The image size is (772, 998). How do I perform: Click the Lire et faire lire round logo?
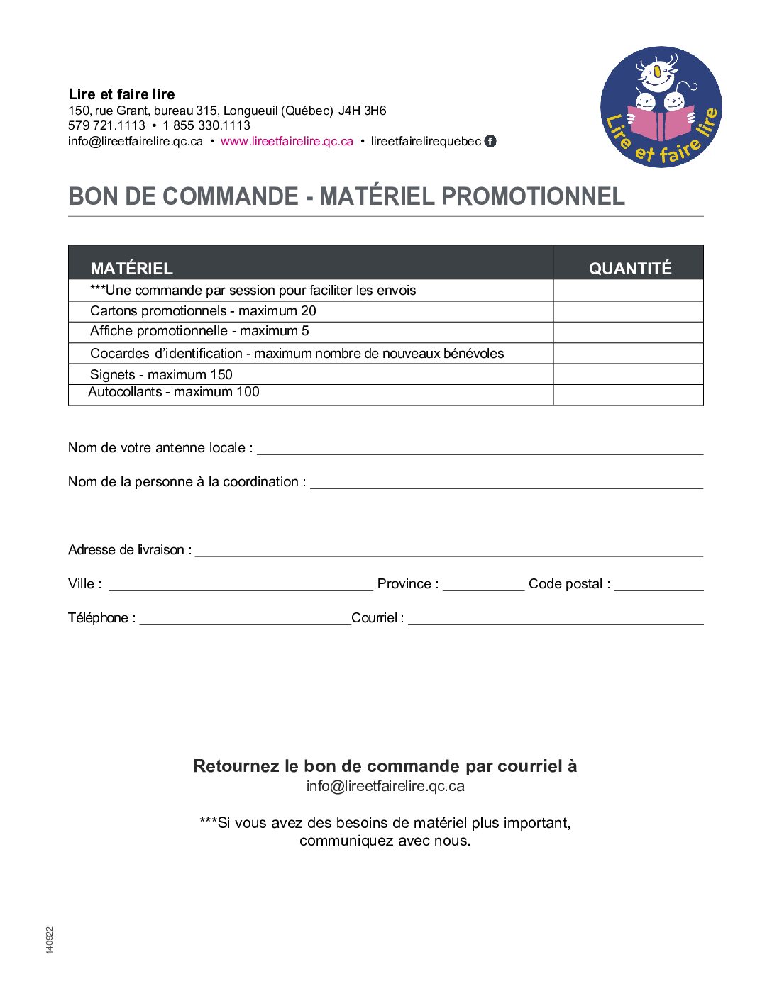pos(661,107)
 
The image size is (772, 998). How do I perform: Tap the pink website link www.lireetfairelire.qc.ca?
pos(287,141)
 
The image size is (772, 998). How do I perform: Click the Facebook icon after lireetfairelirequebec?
pos(490,141)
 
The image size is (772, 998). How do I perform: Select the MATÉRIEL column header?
pos(132,268)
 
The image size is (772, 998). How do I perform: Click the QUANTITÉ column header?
pos(629,268)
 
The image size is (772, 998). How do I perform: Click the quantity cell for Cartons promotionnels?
pos(628,311)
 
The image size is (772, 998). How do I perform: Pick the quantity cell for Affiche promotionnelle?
pos(628,332)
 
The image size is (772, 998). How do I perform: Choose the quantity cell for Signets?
pos(628,374)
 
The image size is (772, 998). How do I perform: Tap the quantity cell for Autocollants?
pos(628,395)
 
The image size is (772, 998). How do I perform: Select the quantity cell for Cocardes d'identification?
pos(628,353)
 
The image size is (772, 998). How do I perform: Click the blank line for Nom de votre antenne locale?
pos(480,448)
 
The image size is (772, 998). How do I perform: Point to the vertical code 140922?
pos(50,940)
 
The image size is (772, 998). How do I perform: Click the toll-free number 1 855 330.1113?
pos(206,125)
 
